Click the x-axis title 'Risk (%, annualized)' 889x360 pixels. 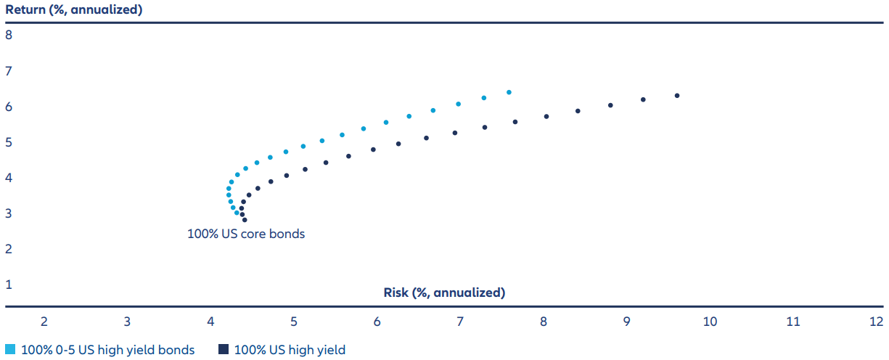(444, 292)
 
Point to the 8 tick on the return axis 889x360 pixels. (9, 35)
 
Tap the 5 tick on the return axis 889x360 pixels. (9, 142)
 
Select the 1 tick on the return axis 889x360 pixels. (9, 285)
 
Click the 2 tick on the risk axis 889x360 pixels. (44, 322)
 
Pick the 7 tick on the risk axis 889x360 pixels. (460, 322)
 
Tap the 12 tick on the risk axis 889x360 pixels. (876, 322)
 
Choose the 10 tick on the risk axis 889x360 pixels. (710, 322)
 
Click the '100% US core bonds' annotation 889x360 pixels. (246, 234)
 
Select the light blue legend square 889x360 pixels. (9, 350)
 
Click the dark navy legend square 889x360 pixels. (224, 350)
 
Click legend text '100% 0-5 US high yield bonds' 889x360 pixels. (108, 350)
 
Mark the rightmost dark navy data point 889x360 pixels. (677, 96)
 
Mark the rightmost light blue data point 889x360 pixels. (509, 92)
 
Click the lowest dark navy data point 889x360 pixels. (245, 219)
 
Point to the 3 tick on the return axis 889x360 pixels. (9, 213)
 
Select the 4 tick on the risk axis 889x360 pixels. (210, 322)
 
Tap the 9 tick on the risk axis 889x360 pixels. (626, 322)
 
